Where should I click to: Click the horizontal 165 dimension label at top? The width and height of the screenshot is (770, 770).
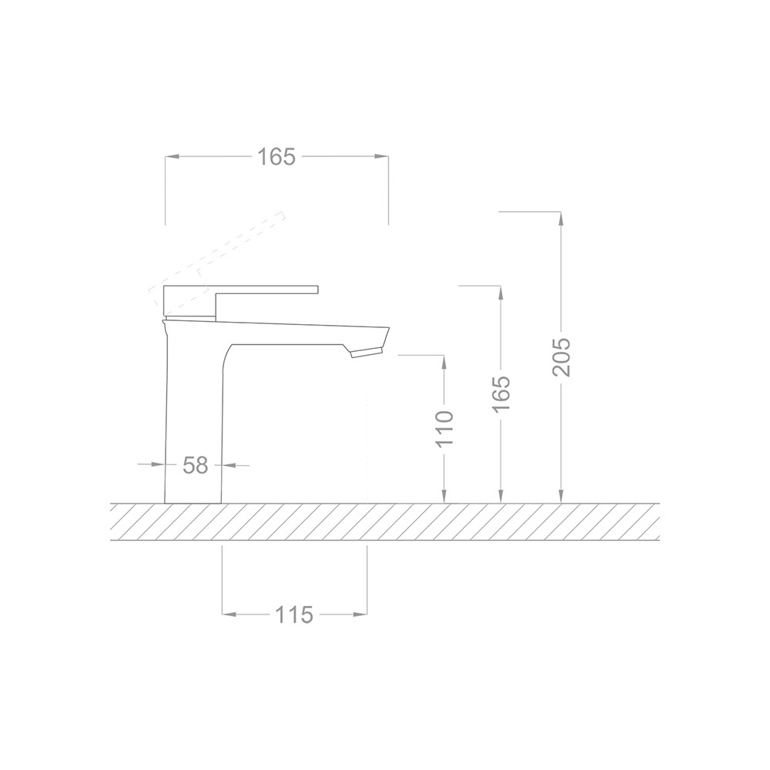pos(276,156)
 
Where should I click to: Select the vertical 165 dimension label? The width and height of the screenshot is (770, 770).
pos(501,394)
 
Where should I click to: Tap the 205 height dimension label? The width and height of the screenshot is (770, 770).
pos(561,357)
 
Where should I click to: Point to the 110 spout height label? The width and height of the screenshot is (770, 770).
pos(444,429)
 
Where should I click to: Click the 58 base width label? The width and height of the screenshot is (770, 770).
pos(196,465)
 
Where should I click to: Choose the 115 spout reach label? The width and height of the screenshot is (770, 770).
pos(293,614)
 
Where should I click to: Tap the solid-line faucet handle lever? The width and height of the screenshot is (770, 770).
pos(240,300)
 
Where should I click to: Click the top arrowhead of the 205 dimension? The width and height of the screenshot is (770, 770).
pos(561,219)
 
